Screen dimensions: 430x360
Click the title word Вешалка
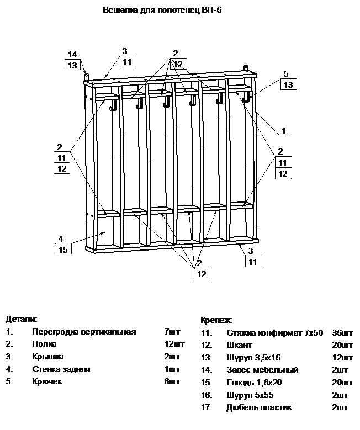point(119,10)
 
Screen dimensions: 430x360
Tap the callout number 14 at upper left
point(72,54)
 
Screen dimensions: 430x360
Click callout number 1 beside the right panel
point(283,131)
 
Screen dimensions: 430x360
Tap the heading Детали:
point(22,319)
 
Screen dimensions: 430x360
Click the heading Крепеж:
point(216,320)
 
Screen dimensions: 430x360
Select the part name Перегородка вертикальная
point(84,332)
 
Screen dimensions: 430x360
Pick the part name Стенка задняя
point(61,369)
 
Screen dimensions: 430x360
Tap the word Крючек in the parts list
point(48,381)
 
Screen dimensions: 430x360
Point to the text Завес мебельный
point(262,370)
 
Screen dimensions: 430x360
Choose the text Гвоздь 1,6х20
point(254,383)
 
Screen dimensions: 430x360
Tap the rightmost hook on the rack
point(246,97)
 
